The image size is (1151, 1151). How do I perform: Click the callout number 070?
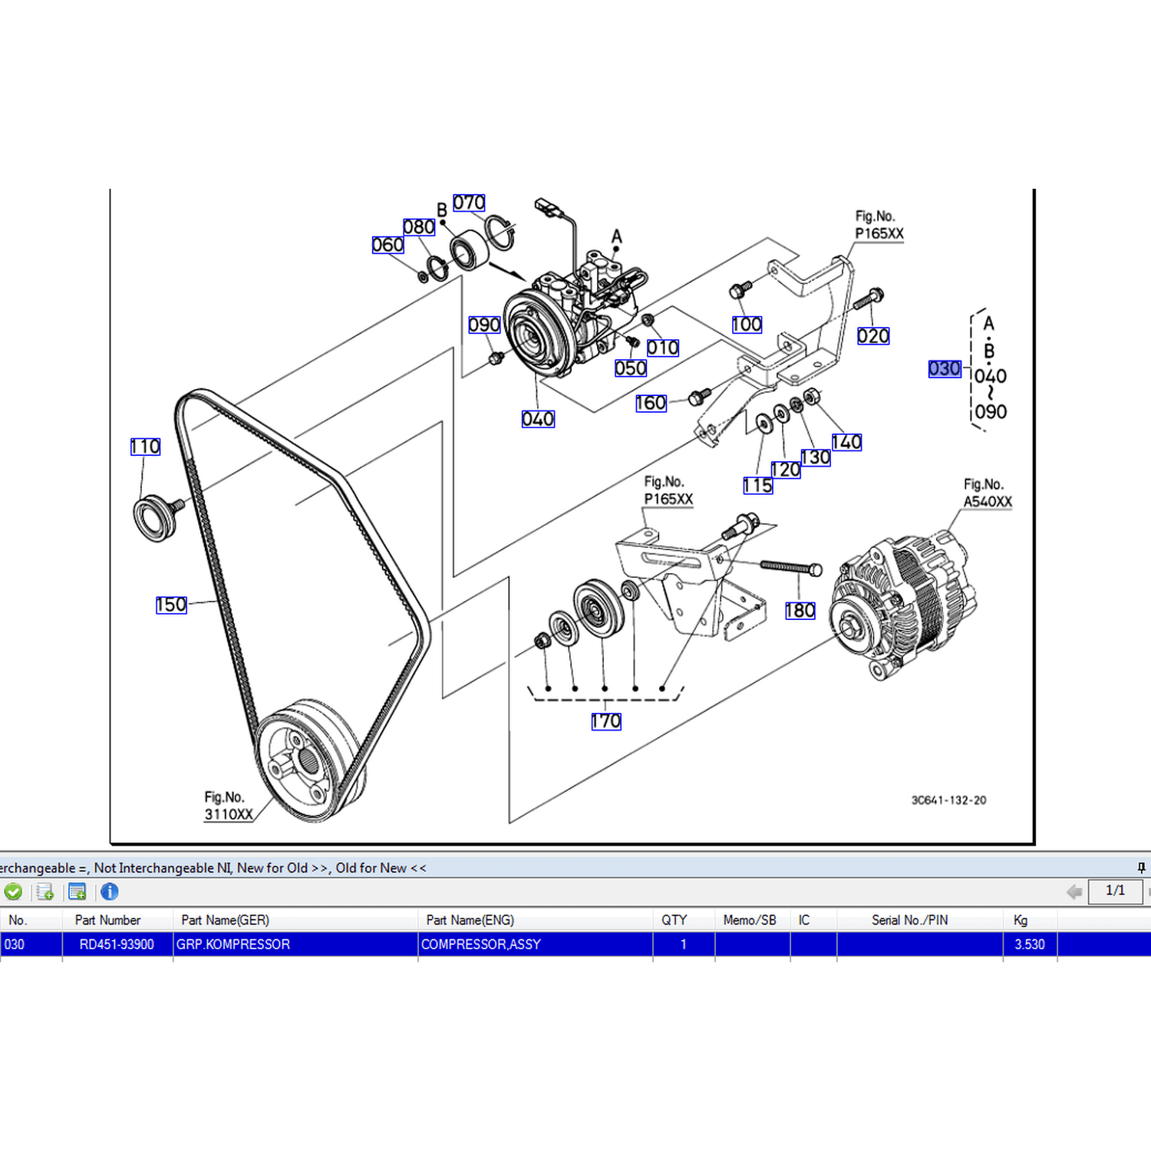click(469, 203)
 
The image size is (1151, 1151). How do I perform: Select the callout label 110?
click(145, 447)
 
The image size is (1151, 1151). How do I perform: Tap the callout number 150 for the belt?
click(171, 605)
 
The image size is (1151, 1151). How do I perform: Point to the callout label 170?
click(606, 721)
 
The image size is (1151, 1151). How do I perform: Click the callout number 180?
click(800, 611)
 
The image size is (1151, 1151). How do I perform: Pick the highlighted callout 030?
click(945, 369)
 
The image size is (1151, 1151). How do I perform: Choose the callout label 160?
click(651, 403)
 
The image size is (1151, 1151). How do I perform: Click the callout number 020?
click(873, 336)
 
